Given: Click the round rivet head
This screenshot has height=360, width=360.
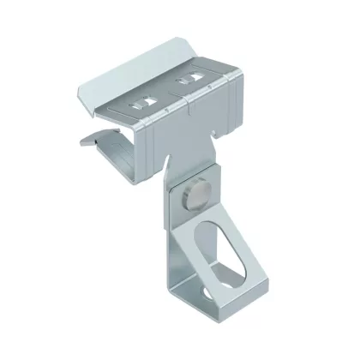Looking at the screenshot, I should pos(193,199).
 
